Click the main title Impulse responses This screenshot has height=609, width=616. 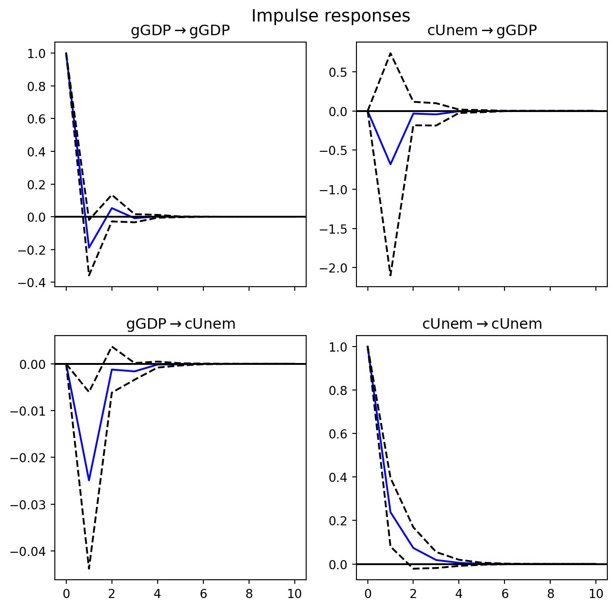tap(330, 16)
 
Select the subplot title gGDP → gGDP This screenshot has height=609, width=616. tap(180, 31)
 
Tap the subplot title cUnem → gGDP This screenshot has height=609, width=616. tap(482, 31)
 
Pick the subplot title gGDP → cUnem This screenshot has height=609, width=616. tap(181, 324)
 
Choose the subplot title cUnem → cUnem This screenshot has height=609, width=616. tap(482, 324)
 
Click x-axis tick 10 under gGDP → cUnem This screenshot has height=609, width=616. tap(295, 594)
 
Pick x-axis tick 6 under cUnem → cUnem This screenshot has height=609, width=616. tap(504, 594)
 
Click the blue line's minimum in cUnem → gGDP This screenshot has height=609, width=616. tap(390, 164)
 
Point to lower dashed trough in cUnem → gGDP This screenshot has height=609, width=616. tap(390, 275)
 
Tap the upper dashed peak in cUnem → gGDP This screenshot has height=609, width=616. tap(390, 53)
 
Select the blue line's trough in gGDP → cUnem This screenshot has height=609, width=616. tap(89, 481)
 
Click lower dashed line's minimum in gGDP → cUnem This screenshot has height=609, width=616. tap(89, 568)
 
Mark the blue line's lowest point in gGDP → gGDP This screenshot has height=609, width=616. tap(89, 248)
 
